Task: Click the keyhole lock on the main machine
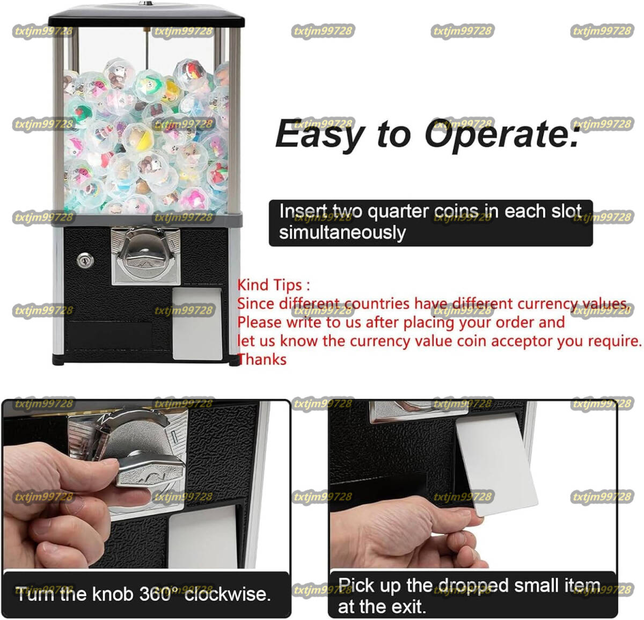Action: tap(85, 260)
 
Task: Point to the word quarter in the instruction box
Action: tap(398, 211)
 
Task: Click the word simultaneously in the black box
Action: tap(342, 233)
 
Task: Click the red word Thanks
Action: tap(262, 360)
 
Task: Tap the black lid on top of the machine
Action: tap(147, 16)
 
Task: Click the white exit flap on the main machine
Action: tap(197, 324)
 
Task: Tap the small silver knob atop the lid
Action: tap(145, 3)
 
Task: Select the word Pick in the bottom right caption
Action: tap(356, 585)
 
